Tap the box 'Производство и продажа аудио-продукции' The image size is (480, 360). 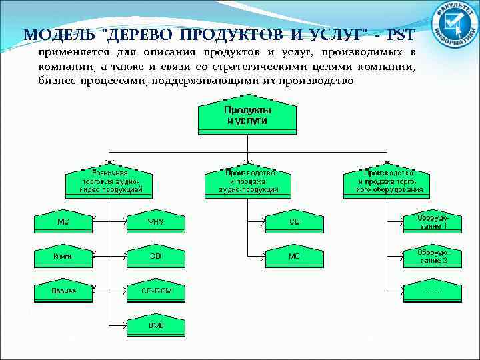(248, 181)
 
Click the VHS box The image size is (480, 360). (155, 222)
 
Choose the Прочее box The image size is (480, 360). (64, 291)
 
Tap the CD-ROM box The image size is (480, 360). (155, 291)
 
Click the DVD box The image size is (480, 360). (155, 326)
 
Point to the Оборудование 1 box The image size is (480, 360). (431, 222)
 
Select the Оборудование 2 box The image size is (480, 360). (431, 257)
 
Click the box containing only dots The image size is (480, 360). (431, 291)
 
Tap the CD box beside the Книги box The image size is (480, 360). (155, 257)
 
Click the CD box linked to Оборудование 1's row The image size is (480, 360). (294, 222)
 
